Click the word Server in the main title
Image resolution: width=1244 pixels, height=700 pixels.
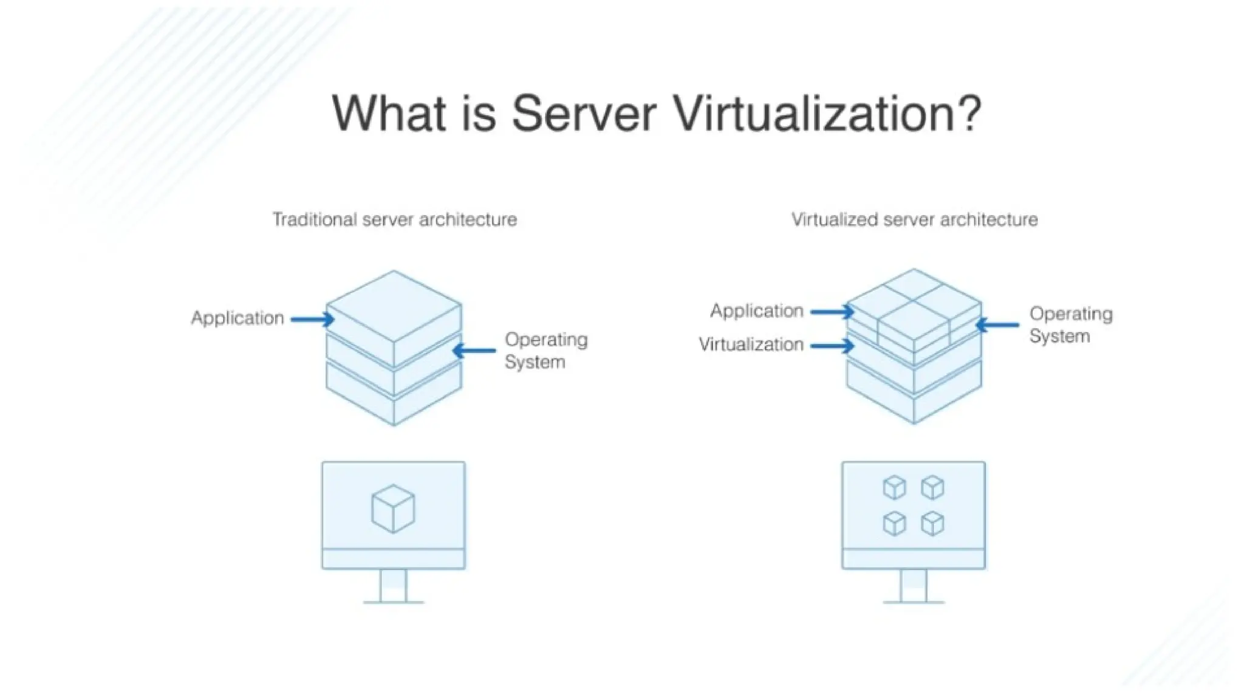tap(584, 114)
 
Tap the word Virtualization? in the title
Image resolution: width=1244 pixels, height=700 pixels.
tap(827, 114)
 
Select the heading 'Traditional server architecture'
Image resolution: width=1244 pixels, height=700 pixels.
tap(394, 219)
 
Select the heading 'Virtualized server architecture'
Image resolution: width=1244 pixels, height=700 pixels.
tap(914, 219)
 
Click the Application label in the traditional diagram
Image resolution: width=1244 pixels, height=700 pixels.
tap(238, 318)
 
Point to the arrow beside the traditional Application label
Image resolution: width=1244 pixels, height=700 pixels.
tap(312, 319)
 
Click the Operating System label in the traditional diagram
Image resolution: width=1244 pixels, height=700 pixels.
tap(545, 351)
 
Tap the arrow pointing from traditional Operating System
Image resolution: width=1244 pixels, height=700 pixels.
tap(474, 351)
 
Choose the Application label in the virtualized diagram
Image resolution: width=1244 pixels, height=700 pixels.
tap(757, 311)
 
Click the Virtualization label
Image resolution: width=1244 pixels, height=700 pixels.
tap(751, 345)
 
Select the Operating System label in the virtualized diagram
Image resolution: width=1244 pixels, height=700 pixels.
tap(1070, 325)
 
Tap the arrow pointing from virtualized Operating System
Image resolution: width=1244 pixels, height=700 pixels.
tap(997, 325)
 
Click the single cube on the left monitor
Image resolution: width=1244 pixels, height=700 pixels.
tap(393, 509)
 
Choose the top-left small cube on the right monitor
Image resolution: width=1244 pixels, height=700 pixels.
tap(894, 487)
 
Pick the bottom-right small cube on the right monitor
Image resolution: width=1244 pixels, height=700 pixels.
tap(932, 523)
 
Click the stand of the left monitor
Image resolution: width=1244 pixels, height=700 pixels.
tap(393, 586)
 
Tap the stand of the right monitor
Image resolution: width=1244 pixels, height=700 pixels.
tap(914, 586)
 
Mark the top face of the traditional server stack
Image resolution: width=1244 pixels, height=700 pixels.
tap(394, 305)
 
